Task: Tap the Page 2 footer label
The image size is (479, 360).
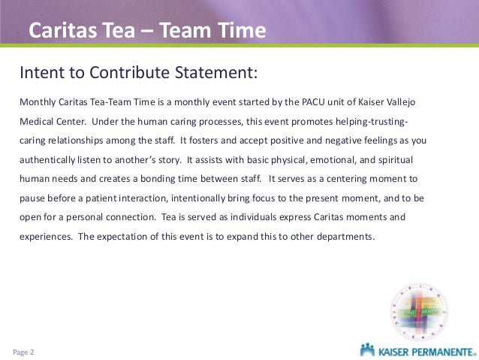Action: click(x=24, y=351)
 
